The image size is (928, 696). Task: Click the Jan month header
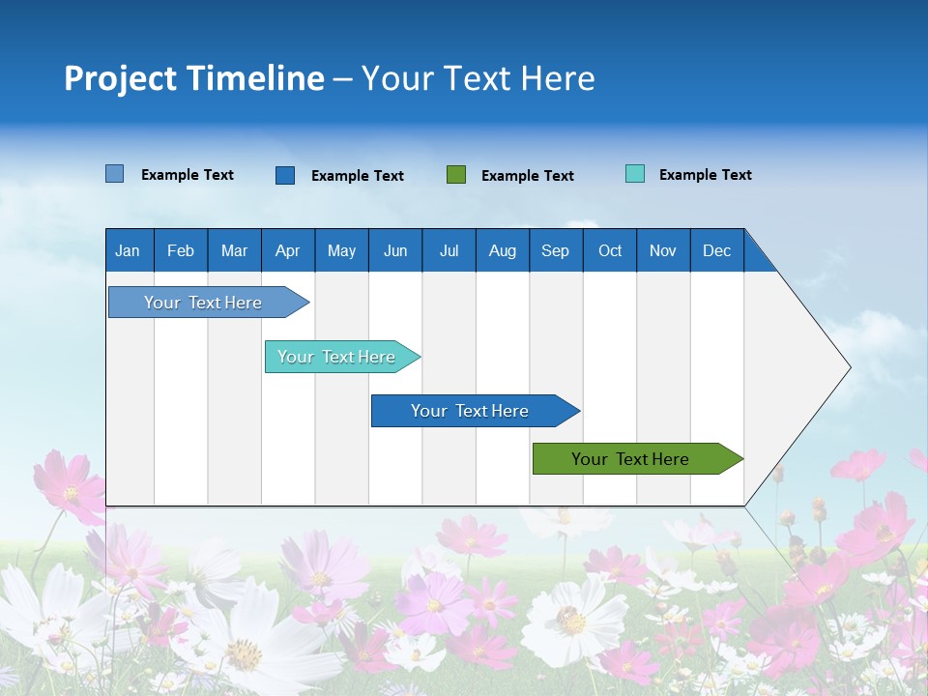pyautogui.click(x=129, y=250)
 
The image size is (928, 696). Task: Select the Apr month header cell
pyautogui.click(x=288, y=250)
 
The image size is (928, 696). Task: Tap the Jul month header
pyautogui.click(x=449, y=250)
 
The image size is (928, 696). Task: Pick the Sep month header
pyautogui.click(x=556, y=250)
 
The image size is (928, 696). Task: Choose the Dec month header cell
pyautogui.click(x=716, y=250)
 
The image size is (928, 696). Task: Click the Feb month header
pyautogui.click(x=181, y=250)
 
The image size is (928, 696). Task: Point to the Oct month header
pyautogui.click(x=610, y=250)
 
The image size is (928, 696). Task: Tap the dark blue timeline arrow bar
pyautogui.click(x=471, y=411)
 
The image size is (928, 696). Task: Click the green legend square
pyautogui.click(x=456, y=175)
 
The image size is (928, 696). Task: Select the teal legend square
pyautogui.click(x=635, y=174)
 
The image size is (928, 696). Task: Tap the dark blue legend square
pyautogui.click(x=285, y=175)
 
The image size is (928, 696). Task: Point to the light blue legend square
pyautogui.click(x=115, y=174)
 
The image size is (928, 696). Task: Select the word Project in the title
pyautogui.click(x=119, y=77)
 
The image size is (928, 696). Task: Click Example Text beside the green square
pyautogui.click(x=527, y=176)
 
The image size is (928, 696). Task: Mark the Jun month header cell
pyautogui.click(x=395, y=250)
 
